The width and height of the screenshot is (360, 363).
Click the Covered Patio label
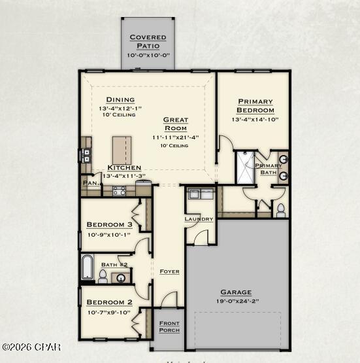point(148,41)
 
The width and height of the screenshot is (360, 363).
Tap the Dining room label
point(120,99)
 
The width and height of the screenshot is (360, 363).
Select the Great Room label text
point(175,124)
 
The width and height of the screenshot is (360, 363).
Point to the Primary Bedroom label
point(255,105)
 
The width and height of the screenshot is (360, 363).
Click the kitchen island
point(122,150)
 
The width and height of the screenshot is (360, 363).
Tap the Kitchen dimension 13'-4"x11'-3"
point(120,175)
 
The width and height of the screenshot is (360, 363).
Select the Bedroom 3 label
point(109,224)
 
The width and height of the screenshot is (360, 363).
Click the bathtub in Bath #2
point(87,267)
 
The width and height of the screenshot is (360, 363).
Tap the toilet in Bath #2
point(103,275)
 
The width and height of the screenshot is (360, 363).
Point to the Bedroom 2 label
point(109,302)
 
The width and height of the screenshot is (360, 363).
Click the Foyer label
point(169,271)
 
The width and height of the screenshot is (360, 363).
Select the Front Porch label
point(169,327)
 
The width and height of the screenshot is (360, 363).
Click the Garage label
point(235,292)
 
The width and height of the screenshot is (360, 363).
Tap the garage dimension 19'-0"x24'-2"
point(235,302)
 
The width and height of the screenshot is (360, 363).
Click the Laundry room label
point(199,218)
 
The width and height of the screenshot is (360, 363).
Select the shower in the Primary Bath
point(246,167)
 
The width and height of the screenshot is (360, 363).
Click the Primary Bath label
point(269,169)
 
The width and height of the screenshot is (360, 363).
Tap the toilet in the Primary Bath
point(281,210)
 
